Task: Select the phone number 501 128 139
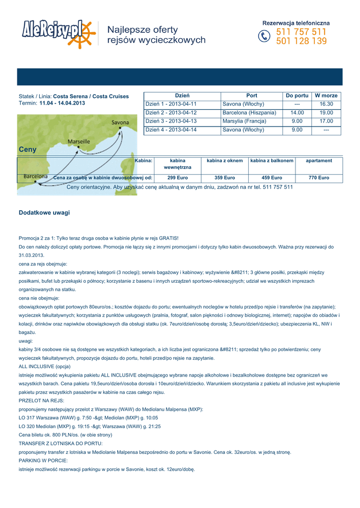[x=301, y=42]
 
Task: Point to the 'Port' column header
[x=252, y=95]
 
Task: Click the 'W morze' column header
[x=326, y=95]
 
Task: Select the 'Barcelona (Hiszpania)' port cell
[x=249, y=113]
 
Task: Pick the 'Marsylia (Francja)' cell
[x=244, y=122]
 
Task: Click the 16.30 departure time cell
[x=326, y=104]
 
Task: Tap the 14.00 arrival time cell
[x=297, y=113]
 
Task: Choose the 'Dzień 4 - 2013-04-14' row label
[x=171, y=130]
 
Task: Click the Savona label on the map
[x=120, y=123]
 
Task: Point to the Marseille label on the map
[x=78, y=142]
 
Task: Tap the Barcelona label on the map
[x=36, y=177]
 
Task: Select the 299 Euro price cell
[x=177, y=178]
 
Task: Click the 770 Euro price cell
[x=319, y=178]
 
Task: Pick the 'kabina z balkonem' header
[x=272, y=161]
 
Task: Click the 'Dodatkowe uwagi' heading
[x=44, y=213]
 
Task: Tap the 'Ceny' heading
[x=28, y=149]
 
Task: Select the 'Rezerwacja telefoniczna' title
[x=296, y=23]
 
